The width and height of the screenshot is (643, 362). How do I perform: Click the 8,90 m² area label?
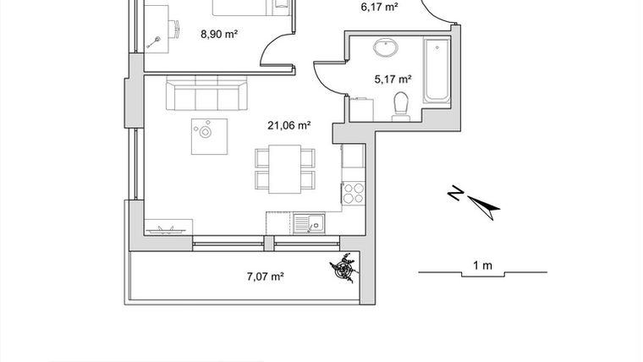[217, 35]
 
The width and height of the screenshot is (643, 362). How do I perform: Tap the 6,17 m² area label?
[379, 7]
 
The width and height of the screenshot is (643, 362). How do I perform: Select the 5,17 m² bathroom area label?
[393, 80]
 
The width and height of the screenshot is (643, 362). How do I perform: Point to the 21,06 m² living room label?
[289, 125]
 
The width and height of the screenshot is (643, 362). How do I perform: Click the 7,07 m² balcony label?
[263, 276]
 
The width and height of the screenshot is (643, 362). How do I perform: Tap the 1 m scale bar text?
[482, 266]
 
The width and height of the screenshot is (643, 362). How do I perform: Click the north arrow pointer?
[484, 205]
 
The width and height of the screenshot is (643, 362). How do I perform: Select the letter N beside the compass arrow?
[455, 195]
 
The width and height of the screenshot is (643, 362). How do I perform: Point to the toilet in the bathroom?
[400, 105]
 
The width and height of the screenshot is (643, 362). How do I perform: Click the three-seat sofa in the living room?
[206, 95]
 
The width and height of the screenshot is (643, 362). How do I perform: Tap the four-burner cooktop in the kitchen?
[353, 192]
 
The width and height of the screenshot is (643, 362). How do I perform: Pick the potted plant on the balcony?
[343, 270]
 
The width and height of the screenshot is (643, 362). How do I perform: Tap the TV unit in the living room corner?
[168, 228]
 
